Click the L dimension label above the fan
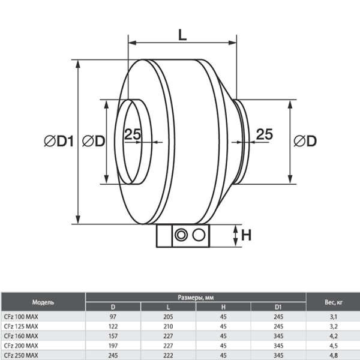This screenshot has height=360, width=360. pos(182,35)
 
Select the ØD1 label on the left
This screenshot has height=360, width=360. pos(58,142)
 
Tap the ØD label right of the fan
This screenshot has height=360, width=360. pos(305,142)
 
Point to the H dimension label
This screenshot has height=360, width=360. pos(246,235)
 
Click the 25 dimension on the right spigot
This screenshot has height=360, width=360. pos(265,134)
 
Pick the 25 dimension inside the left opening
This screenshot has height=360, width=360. pos(133,134)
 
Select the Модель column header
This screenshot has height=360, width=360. pos(43,301)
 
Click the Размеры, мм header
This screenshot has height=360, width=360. pos(196,297)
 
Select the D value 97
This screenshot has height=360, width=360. pos(113,316)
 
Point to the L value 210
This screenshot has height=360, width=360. pos(168,326)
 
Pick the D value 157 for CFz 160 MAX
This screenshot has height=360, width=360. pos(113,335)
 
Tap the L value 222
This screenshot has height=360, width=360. pos(168,355)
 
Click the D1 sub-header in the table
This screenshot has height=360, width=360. pos(278,307)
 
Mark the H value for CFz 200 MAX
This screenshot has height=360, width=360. pos(223,345)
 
